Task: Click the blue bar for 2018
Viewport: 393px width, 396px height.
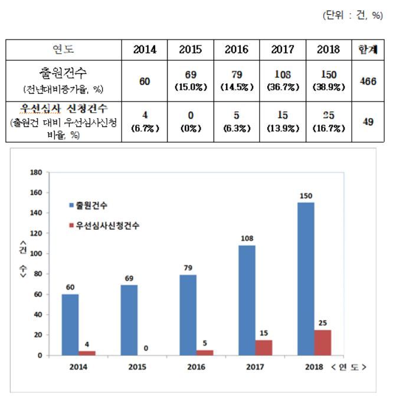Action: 306,279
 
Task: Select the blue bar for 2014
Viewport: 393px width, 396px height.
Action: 70,325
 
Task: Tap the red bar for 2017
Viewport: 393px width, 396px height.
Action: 264,348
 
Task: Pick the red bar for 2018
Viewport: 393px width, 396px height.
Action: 323,342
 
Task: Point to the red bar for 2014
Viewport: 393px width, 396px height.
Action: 87,353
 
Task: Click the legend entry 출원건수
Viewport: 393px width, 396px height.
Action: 91,205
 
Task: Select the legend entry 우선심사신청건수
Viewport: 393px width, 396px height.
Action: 106,225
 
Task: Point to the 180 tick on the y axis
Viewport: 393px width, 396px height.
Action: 38,172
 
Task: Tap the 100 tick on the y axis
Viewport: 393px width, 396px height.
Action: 38,254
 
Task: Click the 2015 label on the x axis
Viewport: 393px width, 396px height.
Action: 137,366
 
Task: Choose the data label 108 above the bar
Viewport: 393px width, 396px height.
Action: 247,239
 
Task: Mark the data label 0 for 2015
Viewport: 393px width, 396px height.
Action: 146,348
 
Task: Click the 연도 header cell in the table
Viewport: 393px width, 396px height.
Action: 64,50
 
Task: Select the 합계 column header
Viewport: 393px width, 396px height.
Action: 368,50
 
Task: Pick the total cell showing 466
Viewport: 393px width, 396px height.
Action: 368,81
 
